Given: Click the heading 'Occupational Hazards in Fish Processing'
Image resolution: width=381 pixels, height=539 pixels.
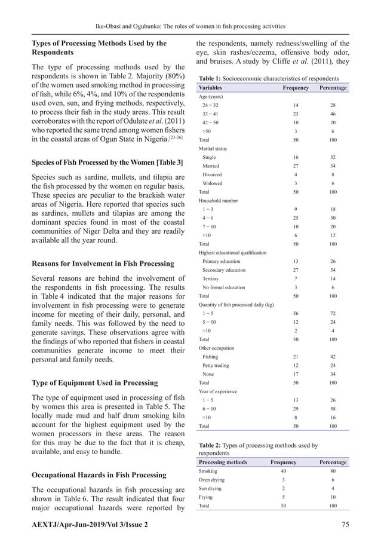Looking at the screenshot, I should [99, 475].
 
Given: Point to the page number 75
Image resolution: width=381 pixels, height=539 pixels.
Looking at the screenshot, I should [344, 524].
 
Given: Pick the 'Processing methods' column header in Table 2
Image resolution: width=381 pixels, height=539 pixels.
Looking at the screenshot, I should [222, 462].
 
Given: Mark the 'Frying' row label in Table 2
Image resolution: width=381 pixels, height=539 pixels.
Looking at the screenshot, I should [206, 497].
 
